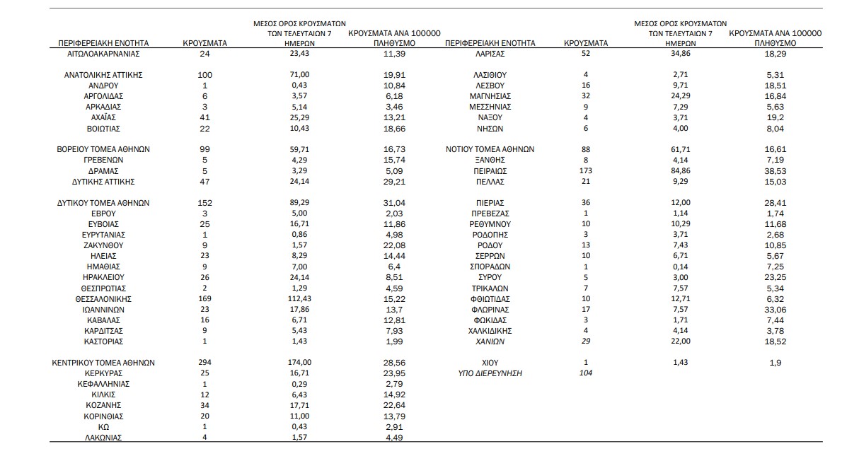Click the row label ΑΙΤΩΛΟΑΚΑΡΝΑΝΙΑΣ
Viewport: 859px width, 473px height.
click(103, 53)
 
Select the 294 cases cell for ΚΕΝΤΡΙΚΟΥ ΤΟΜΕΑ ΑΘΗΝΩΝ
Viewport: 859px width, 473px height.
click(205, 363)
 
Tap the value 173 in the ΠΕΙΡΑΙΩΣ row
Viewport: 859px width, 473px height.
click(585, 171)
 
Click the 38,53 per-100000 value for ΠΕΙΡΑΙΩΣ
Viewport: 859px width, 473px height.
click(776, 171)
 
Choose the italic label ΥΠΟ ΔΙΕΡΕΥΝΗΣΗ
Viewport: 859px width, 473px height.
click(490, 373)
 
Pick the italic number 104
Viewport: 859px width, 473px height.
click(585, 373)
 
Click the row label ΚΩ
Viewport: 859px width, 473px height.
click(103, 427)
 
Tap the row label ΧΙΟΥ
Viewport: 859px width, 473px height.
click(490, 363)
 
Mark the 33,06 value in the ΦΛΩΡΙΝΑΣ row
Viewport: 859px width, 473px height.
click(776, 310)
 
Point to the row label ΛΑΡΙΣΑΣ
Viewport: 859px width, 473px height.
click(490, 53)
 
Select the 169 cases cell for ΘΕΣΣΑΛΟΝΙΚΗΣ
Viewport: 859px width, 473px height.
click(205, 299)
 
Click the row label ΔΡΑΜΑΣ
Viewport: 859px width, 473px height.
click(103, 171)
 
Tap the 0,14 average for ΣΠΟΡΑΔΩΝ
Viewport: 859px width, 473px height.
click(681, 267)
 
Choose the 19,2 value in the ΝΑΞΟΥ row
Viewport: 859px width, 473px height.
click(776, 117)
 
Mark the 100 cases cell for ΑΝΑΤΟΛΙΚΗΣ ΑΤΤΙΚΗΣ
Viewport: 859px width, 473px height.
click(205, 75)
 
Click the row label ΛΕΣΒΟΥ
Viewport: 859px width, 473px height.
click(490, 86)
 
